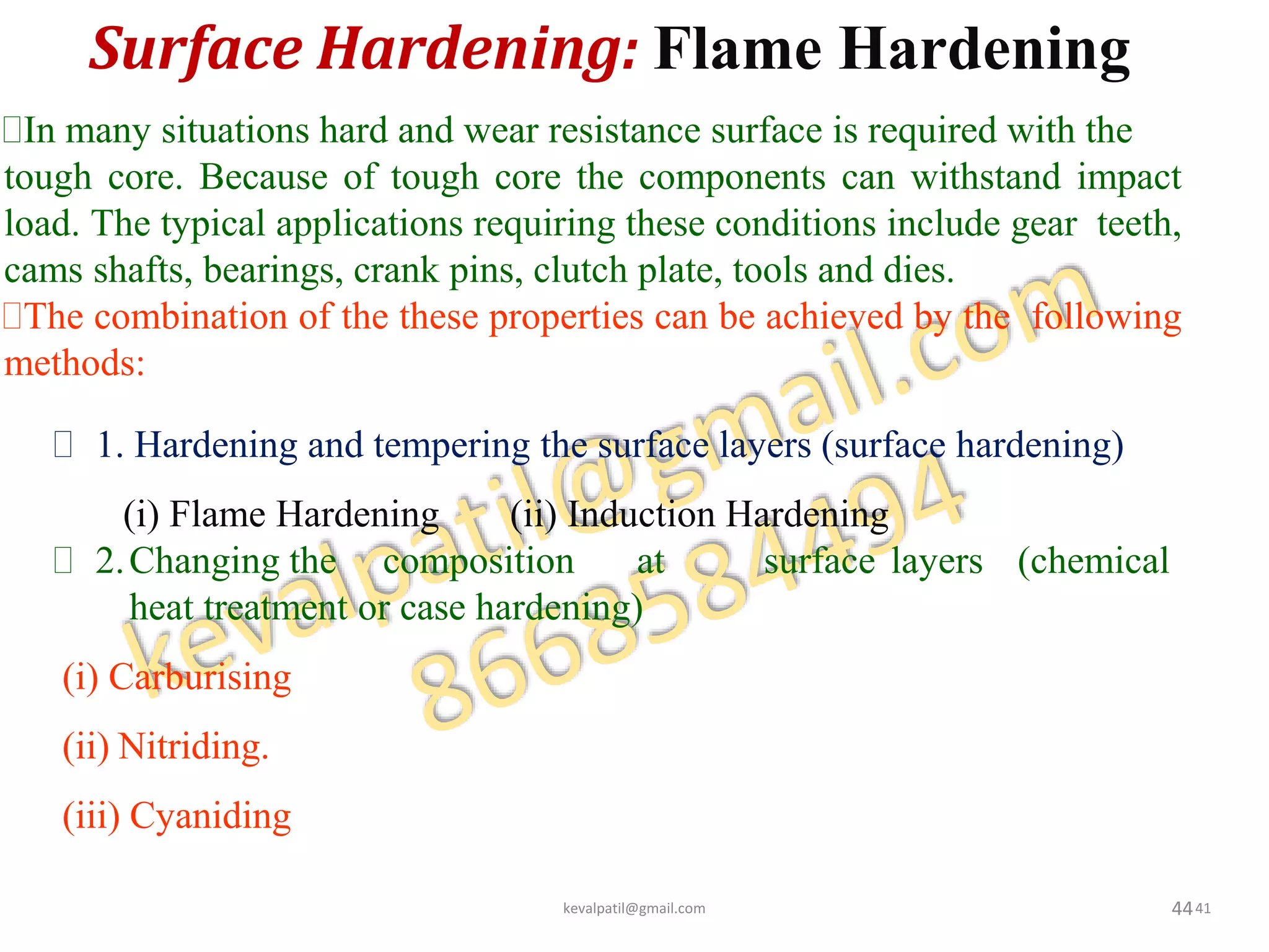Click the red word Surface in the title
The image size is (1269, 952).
197,50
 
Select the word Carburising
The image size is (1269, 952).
200,677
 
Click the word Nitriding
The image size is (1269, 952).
193,746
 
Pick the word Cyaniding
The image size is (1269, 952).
210,816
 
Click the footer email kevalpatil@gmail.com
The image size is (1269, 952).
634,909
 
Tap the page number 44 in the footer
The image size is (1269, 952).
1182,909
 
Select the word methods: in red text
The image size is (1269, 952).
74,363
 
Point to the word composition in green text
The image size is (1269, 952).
478,562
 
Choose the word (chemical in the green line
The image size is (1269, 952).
1093,562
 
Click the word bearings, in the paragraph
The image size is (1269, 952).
273,271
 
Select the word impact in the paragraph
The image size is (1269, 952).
1129,178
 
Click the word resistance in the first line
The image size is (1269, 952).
624,131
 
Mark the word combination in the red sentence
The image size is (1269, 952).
191,317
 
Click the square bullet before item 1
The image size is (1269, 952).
63,445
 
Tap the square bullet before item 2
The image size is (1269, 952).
63,561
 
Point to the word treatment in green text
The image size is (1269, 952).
275,608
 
